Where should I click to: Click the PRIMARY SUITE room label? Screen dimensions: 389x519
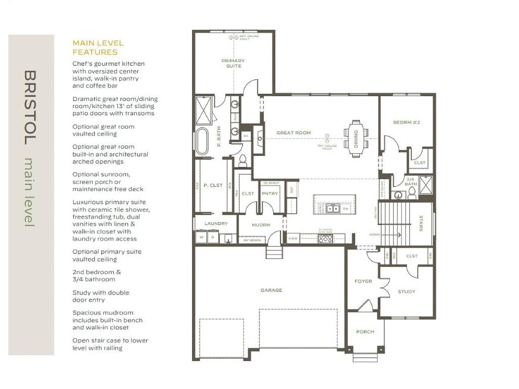pyautogui.click(x=233, y=63)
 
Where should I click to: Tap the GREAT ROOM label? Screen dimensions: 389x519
pyautogui.click(x=293, y=133)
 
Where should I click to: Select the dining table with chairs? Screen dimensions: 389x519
pyautogui.click(x=356, y=139)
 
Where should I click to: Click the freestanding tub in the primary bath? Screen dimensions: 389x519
pyautogui.click(x=202, y=141)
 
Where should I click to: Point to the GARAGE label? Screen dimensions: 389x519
pyautogui.click(x=271, y=290)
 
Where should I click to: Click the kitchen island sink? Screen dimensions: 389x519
pyautogui.click(x=332, y=208)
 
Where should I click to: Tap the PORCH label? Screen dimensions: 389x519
pyautogui.click(x=365, y=332)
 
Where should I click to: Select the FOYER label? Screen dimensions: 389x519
pyautogui.click(x=363, y=281)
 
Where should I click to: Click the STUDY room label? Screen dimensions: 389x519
pyautogui.click(x=406, y=291)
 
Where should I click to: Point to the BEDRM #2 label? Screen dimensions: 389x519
pyautogui.click(x=406, y=123)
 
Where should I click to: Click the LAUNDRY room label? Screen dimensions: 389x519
pyautogui.click(x=216, y=223)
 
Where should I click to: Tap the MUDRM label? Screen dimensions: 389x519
pyautogui.click(x=261, y=224)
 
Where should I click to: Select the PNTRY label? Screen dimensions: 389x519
pyautogui.click(x=270, y=193)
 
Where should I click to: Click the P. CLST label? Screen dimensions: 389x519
pyautogui.click(x=213, y=185)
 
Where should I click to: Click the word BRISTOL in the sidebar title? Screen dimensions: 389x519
pyautogui.click(x=30, y=107)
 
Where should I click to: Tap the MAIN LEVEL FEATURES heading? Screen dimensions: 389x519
pyautogui.click(x=98, y=48)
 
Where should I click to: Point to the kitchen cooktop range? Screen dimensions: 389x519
pyautogui.click(x=325, y=239)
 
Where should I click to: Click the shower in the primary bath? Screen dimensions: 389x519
pyautogui.click(x=204, y=110)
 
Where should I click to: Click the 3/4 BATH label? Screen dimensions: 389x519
pyautogui.click(x=411, y=181)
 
